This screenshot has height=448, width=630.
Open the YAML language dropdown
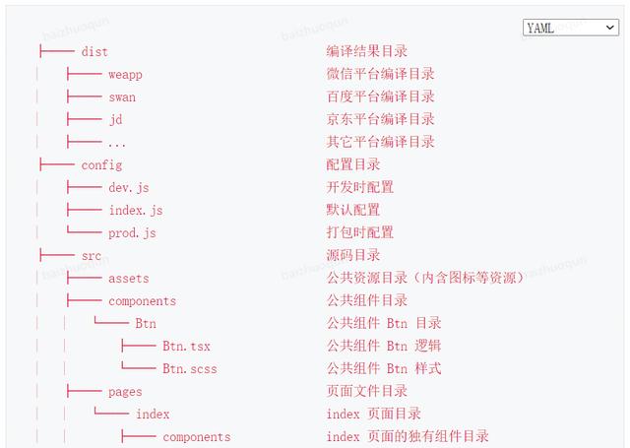(x=571, y=28)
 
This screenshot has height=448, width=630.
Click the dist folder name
(x=94, y=52)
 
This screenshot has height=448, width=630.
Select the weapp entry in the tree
(x=125, y=75)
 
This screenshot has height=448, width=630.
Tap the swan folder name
(x=122, y=97)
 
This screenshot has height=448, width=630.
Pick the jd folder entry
(x=116, y=120)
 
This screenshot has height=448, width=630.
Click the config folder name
(x=101, y=165)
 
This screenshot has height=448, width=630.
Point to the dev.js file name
(x=129, y=188)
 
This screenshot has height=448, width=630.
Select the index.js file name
(x=136, y=210)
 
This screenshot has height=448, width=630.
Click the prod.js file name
(x=132, y=233)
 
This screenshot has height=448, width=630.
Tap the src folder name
(x=92, y=256)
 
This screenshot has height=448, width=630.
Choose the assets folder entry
(x=129, y=279)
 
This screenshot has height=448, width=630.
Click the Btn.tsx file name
(x=186, y=346)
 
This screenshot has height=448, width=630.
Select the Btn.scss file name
(x=190, y=369)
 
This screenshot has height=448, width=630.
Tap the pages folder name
(x=125, y=392)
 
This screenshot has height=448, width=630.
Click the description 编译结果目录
(x=367, y=51)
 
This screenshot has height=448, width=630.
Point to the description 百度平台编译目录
(x=381, y=96)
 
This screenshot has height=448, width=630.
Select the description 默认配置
(x=353, y=210)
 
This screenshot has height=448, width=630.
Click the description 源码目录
(x=353, y=255)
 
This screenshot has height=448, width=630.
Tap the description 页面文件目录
(x=367, y=391)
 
